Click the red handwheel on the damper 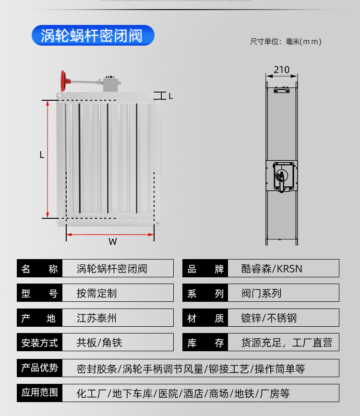pos(63,80)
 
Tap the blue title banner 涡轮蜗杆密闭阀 pos(93,36)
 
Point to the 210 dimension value pos(282,70)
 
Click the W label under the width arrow pos(112,242)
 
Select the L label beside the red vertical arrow pos(42,155)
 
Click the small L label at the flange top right pos(170,96)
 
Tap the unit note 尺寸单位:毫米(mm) pos(286,42)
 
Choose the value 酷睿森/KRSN pos(272,269)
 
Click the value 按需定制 pos(96,293)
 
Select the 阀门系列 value pos(261,293)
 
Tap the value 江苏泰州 pos(96,318)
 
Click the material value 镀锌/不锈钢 pos(269,318)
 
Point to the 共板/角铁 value pos(99,343)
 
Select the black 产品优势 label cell pos(40,368)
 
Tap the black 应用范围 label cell pos(40,392)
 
